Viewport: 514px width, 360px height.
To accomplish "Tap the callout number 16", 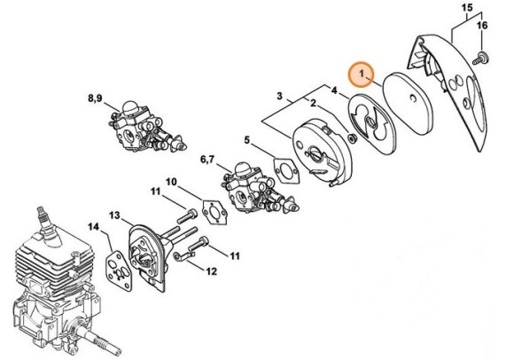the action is (x=483, y=28).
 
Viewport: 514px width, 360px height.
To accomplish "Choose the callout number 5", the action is (x=249, y=139).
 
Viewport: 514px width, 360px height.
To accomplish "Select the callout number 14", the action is (x=93, y=227).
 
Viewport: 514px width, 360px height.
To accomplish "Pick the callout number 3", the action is (x=280, y=95).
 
